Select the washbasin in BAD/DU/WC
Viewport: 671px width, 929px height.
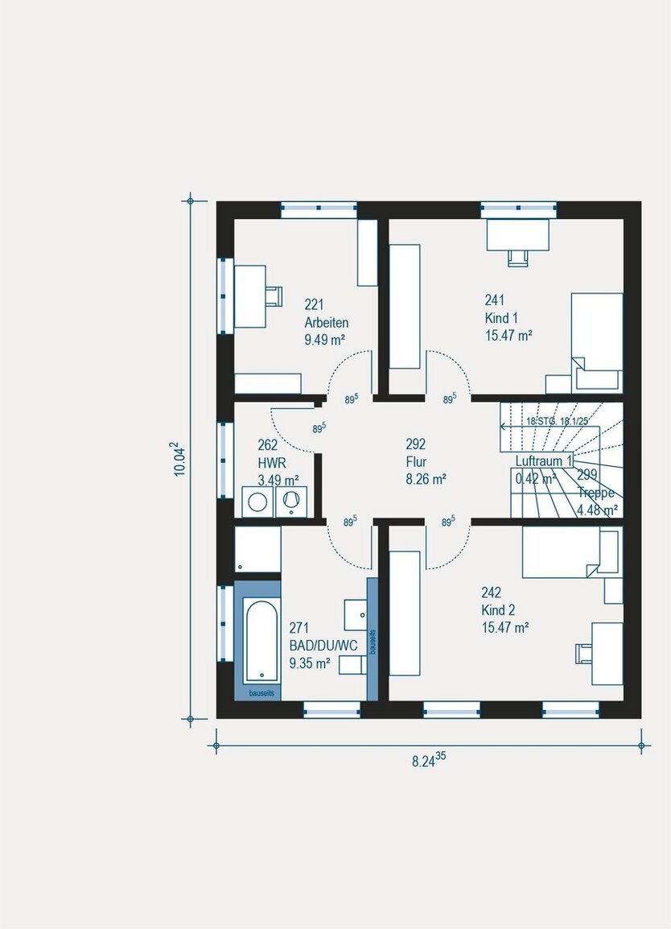(356, 614)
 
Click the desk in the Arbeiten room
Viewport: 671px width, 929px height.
(250, 296)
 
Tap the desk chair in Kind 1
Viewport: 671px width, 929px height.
(517, 257)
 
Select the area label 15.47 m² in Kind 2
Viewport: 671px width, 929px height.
(505, 627)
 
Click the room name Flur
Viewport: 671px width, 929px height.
(416, 462)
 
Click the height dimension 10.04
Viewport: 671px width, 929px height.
(181, 459)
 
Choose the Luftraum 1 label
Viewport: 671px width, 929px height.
(544, 461)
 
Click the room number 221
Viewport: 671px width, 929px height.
(314, 304)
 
